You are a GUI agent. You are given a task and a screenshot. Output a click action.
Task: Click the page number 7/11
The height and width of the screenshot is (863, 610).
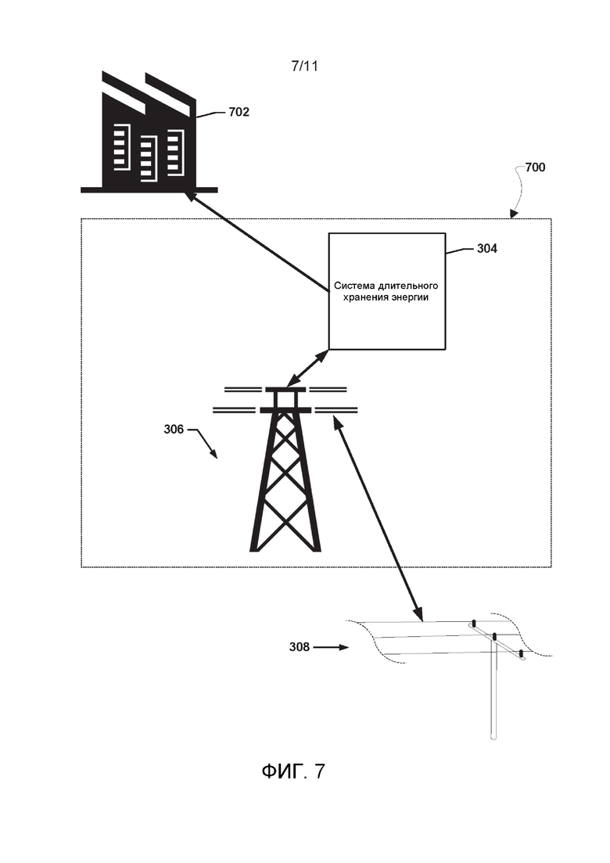[304, 66]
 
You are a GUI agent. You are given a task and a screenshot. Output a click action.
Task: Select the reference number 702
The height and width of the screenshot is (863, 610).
[239, 112]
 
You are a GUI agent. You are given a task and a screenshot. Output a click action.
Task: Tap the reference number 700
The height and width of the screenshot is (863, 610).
[535, 167]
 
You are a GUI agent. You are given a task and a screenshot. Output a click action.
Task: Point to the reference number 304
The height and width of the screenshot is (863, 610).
[486, 249]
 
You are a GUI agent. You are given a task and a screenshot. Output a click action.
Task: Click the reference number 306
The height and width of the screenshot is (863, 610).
[174, 429]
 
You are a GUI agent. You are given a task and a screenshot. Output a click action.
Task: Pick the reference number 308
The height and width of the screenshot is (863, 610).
[300, 647]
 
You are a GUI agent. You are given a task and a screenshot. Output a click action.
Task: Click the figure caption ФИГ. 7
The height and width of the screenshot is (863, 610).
[293, 771]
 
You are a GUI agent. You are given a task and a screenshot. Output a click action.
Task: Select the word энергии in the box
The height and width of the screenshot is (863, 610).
[411, 298]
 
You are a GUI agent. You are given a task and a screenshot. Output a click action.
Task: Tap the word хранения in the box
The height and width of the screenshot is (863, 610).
[367, 298]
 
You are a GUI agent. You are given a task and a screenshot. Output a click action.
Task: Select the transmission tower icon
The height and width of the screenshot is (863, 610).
[285, 469]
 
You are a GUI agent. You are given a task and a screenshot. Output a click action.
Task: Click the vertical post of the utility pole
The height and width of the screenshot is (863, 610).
[494, 688]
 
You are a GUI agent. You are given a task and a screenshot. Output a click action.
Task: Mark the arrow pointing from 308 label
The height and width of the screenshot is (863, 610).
[331, 647]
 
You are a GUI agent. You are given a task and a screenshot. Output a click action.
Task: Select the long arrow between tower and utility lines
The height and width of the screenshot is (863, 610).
[378, 519]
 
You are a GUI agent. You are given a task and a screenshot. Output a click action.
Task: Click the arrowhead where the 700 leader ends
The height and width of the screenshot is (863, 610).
[513, 214]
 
